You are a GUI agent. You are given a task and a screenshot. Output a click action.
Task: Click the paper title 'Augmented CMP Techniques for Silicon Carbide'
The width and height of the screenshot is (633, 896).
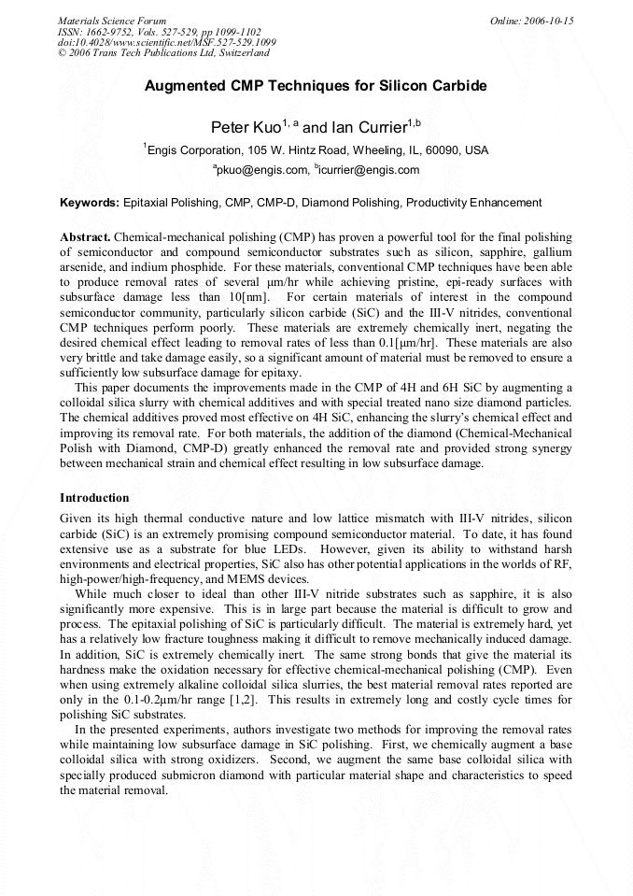pos(316,86)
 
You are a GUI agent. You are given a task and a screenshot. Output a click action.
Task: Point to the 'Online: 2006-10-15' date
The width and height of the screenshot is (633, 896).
pos(531,21)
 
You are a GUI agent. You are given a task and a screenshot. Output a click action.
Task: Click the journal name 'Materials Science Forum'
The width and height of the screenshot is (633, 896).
pos(112,21)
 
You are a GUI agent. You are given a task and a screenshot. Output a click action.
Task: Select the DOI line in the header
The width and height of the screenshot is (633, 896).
pos(166,43)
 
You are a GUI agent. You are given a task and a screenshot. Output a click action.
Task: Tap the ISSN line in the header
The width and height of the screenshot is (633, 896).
pos(159,32)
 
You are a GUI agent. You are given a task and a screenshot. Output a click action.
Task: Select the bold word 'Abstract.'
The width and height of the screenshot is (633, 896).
pos(86,238)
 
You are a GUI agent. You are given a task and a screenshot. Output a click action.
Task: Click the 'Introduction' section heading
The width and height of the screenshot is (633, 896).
pos(94,498)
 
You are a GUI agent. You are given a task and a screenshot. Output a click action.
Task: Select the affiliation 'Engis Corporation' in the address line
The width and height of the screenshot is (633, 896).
pos(193,150)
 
